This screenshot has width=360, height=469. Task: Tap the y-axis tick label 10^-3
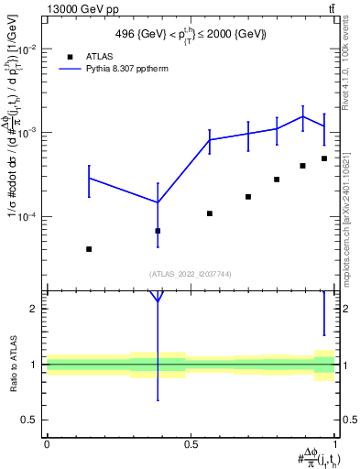(x=29, y=133)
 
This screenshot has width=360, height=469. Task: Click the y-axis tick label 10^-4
(x=29, y=217)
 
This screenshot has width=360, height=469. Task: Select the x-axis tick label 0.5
(x=191, y=444)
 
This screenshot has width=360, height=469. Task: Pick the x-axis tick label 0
(x=47, y=444)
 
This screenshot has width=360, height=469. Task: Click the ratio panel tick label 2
(x=35, y=309)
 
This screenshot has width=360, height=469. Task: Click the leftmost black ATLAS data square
(x=89, y=249)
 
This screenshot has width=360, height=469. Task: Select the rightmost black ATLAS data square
(x=324, y=158)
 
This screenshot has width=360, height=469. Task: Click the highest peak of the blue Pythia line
(x=303, y=116)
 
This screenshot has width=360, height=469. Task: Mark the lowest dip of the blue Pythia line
(x=158, y=202)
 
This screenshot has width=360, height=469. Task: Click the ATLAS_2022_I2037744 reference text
(x=191, y=274)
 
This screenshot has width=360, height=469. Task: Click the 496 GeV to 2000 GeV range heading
(x=191, y=34)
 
